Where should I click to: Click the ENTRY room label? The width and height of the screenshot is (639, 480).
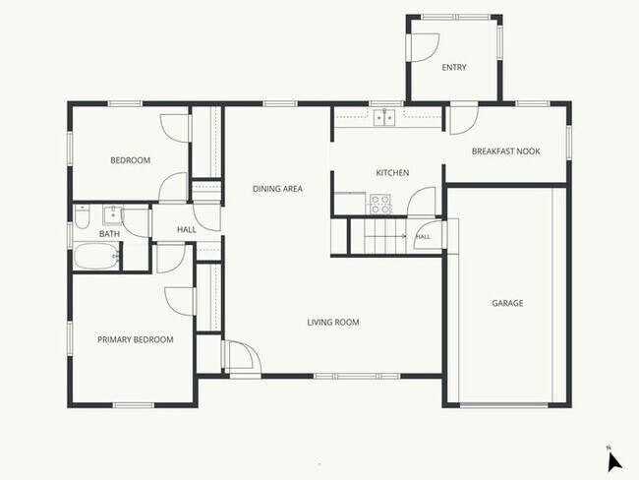pyautogui.click(x=454, y=67)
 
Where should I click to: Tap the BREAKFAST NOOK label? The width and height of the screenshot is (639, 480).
pyautogui.click(x=505, y=151)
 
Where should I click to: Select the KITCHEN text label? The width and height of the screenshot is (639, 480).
pyautogui.click(x=392, y=173)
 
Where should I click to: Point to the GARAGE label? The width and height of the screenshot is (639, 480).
pyautogui.click(x=507, y=303)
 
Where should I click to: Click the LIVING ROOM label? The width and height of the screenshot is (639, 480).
pyautogui.click(x=333, y=323)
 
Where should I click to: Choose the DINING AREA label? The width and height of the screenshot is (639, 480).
pyautogui.click(x=277, y=189)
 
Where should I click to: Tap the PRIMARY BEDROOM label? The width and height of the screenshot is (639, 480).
pyautogui.click(x=136, y=339)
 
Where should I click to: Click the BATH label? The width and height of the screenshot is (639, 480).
pyautogui.click(x=110, y=234)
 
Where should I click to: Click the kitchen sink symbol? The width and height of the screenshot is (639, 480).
pyautogui.click(x=384, y=117)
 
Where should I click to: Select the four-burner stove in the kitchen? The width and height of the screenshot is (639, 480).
pyautogui.click(x=380, y=204)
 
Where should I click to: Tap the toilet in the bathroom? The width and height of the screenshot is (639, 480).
pyautogui.click(x=82, y=216)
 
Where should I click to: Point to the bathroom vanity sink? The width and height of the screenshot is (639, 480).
pyautogui.click(x=112, y=215)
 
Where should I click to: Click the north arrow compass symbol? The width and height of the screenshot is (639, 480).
pyautogui.click(x=614, y=460)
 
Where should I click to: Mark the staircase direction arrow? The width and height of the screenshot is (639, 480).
pyautogui.click(x=385, y=236)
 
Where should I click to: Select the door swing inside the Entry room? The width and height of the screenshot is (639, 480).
pyautogui.click(x=425, y=48)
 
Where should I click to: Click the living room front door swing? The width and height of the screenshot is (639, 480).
pyautogui.click(x=243, y=356)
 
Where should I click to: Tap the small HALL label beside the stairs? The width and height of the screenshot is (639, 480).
pyautogui.click(x=423, y=236)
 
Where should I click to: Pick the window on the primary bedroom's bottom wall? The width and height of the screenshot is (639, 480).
pyautogui.click(x=134, y=405)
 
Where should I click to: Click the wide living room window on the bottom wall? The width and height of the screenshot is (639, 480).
pyautogui.click(x=357, y=376)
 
